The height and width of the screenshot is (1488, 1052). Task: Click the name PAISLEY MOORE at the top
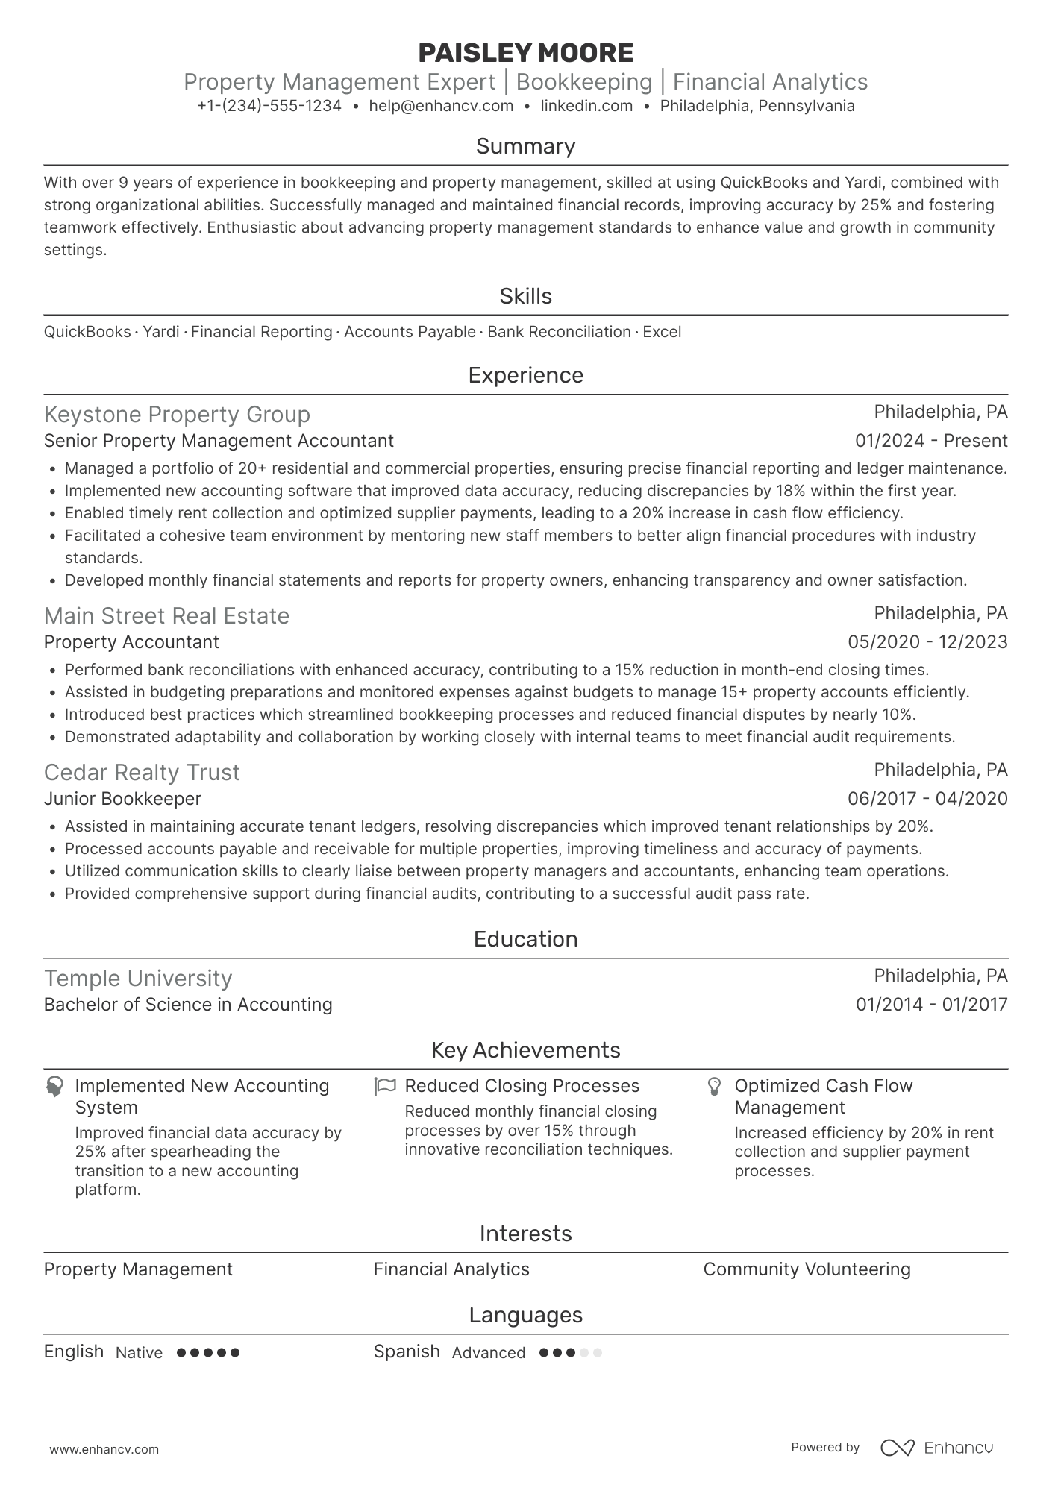[525, 53]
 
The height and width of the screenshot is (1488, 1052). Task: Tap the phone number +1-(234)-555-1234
[269, 106]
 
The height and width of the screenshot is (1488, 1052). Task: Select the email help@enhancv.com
[441, 106]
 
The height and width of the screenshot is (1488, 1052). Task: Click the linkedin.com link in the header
[586, 106]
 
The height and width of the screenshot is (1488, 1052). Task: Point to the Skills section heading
[525, 296]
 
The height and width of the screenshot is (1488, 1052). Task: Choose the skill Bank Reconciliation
[559, 332]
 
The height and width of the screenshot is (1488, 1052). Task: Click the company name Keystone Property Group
[177, 415]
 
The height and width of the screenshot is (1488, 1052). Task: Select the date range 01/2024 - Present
[930, 441]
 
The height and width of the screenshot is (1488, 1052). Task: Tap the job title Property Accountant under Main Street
[131, 642]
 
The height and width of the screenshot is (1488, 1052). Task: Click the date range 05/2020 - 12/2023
[927, 642]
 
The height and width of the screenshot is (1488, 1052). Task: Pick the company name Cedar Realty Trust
[142, 773]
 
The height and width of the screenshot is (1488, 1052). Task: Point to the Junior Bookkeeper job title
[122, 799]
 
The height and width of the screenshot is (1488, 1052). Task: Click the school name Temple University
[138, 979]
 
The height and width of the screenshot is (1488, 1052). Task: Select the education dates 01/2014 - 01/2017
[931, 1005]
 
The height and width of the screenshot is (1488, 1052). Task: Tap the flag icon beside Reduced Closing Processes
[385, 1086]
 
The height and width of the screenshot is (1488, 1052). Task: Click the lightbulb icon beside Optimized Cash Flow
[714, 1086]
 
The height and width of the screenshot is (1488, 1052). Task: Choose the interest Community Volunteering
[807, 1269]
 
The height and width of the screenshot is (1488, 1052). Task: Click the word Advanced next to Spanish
[488, 1353]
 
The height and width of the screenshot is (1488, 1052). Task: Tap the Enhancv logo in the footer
[937, 1448]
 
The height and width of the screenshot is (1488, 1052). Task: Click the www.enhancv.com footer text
[104, 1449]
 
